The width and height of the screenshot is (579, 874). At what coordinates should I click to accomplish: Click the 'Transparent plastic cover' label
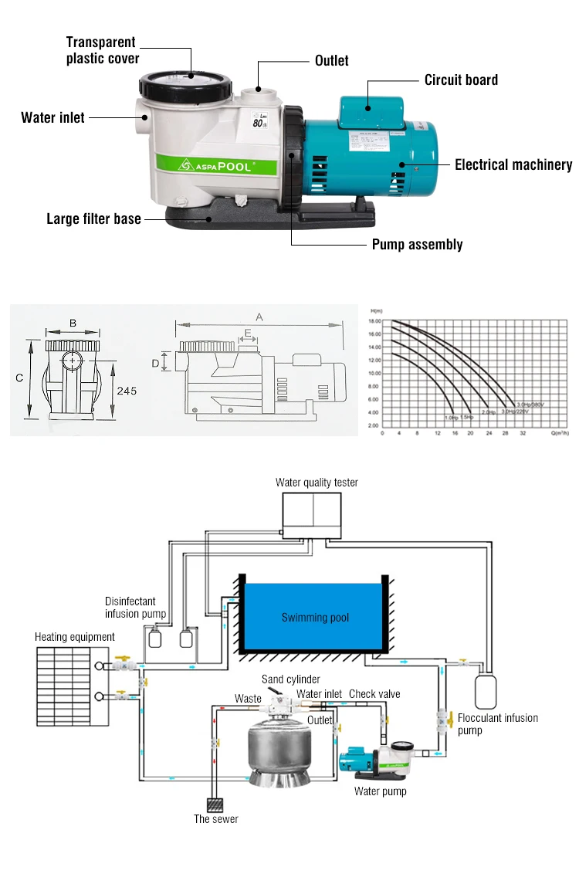[101, 50]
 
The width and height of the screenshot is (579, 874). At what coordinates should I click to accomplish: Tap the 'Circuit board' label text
[461, 80]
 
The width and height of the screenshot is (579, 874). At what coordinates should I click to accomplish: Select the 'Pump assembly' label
[417, 245]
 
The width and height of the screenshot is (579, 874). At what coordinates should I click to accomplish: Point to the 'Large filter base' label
[94, 219]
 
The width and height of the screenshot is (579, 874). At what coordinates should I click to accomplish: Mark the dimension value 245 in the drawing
[127, 391]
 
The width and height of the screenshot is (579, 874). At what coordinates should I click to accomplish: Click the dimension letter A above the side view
[259, 317]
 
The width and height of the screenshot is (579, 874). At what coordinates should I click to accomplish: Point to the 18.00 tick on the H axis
[374, 321]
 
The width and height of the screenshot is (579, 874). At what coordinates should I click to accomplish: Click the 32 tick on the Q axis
[523, 434]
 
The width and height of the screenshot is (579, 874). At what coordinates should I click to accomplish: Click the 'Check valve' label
[374, 694]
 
